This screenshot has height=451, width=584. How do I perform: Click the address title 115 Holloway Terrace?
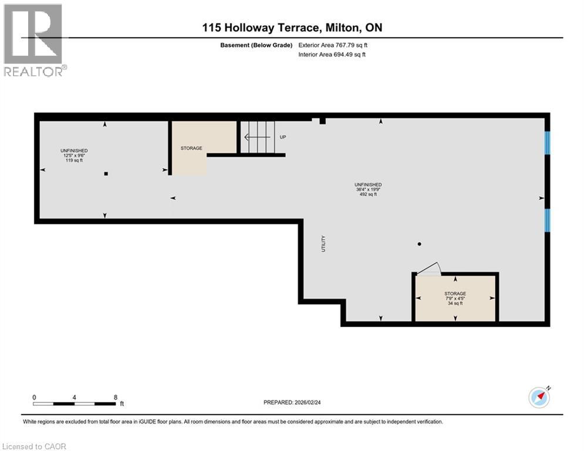261,28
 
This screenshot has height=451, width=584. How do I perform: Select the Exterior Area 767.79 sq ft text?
333,45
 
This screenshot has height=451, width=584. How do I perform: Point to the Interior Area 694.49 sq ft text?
332,55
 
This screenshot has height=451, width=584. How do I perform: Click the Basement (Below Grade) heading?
256,45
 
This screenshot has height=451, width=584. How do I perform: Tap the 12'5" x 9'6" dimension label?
74,156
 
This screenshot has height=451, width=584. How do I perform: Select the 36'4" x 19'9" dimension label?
368,189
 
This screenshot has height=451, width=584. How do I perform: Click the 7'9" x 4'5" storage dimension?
455,298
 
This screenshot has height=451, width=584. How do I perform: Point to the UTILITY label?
323,244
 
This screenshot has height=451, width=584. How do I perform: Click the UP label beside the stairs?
283,137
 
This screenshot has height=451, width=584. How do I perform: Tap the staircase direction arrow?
257,137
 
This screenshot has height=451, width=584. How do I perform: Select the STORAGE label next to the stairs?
191,148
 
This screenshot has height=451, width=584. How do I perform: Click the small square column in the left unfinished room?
106,174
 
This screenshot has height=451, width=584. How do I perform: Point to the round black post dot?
420,244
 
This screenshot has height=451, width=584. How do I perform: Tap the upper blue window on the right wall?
548,143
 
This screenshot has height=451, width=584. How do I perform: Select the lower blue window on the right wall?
548,220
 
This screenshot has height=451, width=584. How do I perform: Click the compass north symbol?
539,398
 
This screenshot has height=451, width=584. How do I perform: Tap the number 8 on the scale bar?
116,398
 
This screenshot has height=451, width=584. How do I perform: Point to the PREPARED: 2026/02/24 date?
292,402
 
